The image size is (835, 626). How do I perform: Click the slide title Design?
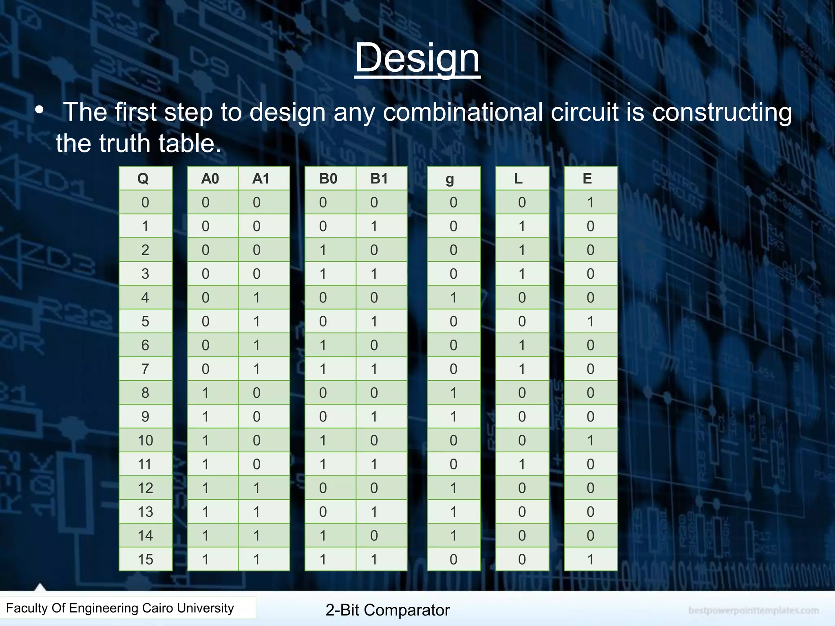coord(417,58)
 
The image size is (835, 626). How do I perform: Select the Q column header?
coord(143,179)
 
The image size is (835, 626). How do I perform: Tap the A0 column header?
coord(210,179)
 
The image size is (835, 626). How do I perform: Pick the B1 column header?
coord(379,179)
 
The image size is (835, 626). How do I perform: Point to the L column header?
coord(518,179)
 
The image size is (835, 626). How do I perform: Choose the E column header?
coord(587,179)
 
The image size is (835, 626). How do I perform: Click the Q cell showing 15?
coord(146,559)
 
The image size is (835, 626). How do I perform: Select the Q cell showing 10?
coord(146,440)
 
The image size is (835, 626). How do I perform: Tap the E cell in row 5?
coord(590,321)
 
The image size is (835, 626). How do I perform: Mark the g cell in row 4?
coord(453,298)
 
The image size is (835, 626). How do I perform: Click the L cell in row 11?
coord(522,464)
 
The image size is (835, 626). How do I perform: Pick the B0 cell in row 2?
coord(323,250)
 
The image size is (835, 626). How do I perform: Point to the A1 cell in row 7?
coord(256,369)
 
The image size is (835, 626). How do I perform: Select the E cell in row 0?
coord(590,202)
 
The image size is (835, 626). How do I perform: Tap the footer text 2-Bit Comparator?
coord(387,610)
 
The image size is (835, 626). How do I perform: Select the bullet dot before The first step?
coord(39,110)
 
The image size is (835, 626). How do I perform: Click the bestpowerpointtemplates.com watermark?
coord(753,610)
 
